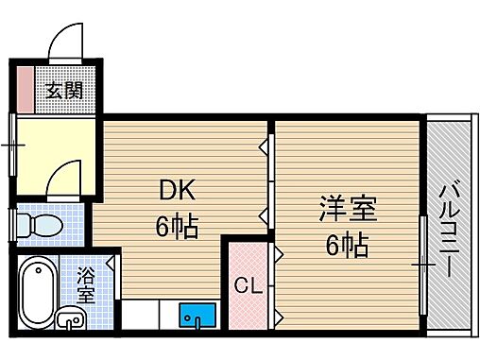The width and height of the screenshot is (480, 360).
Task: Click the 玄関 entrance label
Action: pos(63,91)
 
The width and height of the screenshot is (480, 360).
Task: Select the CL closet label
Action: pos(249,284)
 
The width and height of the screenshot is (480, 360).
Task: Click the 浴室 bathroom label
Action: pos(85,286)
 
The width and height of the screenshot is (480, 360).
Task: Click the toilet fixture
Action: pos(42,226)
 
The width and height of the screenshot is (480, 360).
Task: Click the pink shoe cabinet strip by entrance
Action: pos(24,90)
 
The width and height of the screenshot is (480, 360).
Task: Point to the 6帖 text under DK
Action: pos(177,228)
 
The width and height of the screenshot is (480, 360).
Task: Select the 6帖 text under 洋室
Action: pos(347,246)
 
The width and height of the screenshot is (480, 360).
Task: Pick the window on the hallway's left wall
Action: pos(12,146)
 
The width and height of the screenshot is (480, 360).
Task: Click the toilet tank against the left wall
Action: pos(23,226)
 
